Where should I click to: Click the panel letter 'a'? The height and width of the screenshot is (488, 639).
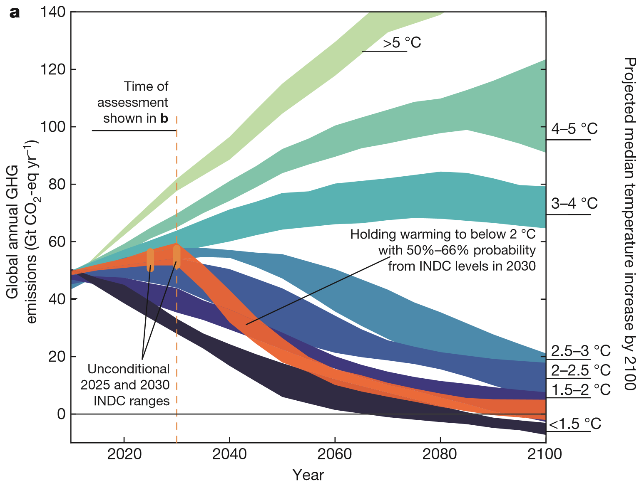(x=15, y=13)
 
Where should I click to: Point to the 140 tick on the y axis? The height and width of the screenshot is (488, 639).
(x=53, y=12)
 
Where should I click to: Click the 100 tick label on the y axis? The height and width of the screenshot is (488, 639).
(x=53, y=127)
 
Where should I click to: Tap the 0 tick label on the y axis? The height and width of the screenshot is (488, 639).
(x=61, y=414)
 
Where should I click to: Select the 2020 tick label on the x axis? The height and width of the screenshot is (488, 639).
(x=124, y=454)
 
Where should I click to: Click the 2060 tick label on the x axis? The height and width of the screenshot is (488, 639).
(x=334, y=454)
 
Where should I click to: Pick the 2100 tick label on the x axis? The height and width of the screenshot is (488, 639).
(x=545, y=454)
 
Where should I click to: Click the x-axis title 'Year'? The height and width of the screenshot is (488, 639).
(x=308, y=475)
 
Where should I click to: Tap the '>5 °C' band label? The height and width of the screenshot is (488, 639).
(x=402, y=43)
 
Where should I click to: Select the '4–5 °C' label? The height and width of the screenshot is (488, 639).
(x=574, y=129)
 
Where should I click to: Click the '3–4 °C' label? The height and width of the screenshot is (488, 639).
(x=574, y=204)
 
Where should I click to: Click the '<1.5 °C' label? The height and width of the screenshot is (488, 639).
(x=575, y=424)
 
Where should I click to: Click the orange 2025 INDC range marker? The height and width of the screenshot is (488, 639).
(x=151, y=260)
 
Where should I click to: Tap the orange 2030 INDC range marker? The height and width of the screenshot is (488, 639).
(x=177, y=257)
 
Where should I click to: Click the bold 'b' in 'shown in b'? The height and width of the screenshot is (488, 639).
(x=164, y=118)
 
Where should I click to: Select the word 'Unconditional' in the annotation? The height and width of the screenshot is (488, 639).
(x=129, y=369)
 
